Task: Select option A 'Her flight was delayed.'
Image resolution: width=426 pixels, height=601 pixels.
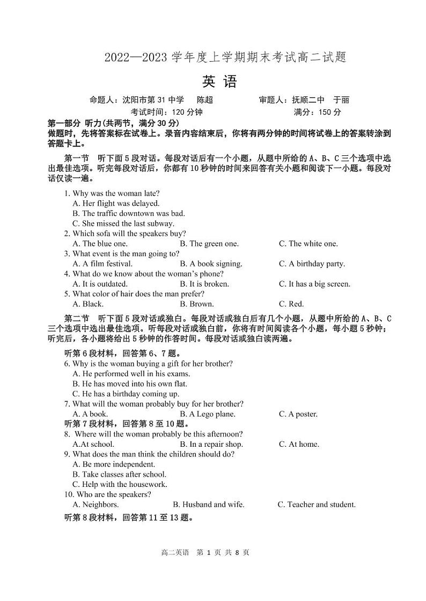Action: click(116, 203)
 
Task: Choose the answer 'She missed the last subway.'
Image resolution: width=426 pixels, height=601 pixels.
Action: click(123, 223)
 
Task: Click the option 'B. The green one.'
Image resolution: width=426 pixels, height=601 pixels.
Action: click(209, 244)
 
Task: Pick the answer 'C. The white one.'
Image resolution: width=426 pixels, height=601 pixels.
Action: click(308, 244)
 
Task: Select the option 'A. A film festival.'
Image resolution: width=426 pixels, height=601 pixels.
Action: click(102, 264)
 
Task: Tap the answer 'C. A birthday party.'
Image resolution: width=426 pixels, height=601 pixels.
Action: click(312, 264)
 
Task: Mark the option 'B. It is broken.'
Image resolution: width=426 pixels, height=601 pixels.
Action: click(204, 284)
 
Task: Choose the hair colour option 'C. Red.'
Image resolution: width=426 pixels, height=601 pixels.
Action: click(291, 304)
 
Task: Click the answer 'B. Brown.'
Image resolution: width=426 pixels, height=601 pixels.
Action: click(197, 304)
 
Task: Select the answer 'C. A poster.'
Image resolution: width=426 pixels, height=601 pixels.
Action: click(298, 414)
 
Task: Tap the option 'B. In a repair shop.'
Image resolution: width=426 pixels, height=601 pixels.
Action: click(212, 444)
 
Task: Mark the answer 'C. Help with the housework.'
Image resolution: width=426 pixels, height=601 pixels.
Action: click(120, 484)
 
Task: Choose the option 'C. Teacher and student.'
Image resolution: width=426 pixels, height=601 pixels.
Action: click(317, 505)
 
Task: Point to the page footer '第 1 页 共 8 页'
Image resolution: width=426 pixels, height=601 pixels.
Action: click(221, 553)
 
